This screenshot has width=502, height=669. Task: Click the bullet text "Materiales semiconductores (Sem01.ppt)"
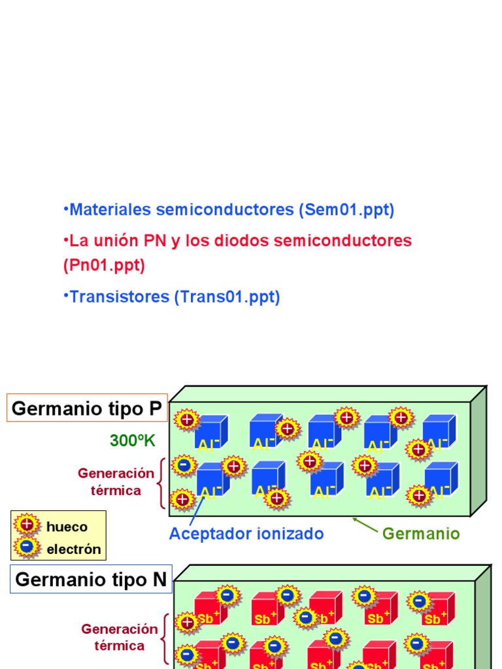coord(231,210)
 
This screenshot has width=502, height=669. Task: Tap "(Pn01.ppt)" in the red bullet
coord(105,265)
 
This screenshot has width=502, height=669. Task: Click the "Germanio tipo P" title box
coord(88,409)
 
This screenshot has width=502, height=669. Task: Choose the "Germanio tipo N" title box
coord(91,579)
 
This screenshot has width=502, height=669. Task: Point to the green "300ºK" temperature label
coord(133,441)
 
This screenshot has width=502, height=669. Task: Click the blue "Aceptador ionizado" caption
coord(246,534)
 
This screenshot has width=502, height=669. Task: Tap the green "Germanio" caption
coord(421,534)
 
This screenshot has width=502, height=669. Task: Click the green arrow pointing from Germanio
coord(365,525)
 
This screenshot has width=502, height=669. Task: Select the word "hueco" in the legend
coord(67,527)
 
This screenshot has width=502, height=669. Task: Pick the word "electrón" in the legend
coord(74,549)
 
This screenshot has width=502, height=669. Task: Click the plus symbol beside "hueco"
coord(27,524)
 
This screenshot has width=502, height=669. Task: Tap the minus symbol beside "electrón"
coord(27,547)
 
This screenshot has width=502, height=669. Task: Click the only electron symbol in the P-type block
coord(184,465)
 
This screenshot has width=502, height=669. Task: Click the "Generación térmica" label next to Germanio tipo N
coord(120,637)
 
